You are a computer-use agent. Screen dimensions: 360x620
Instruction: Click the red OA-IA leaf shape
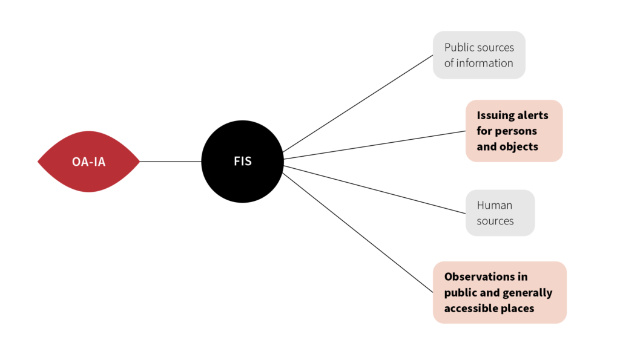pos(88,162)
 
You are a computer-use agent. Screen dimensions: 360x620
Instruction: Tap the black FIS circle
pos(242,162)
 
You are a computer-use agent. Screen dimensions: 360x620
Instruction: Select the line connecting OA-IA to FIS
pos(171,162)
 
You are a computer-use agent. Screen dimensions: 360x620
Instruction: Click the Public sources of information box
pos(479,55)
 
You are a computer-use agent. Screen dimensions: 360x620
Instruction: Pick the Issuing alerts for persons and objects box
pos(514,131)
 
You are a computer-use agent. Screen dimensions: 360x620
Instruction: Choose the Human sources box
pos(500,213)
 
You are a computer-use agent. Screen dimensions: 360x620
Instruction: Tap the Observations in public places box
pos(500,292)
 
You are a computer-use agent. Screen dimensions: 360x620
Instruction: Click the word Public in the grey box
pos(459,47)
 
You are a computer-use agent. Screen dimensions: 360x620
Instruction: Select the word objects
pos(518,146)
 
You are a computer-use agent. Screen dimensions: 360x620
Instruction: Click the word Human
pos(495,205)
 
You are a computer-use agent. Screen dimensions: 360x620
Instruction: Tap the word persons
pos(516,131)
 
